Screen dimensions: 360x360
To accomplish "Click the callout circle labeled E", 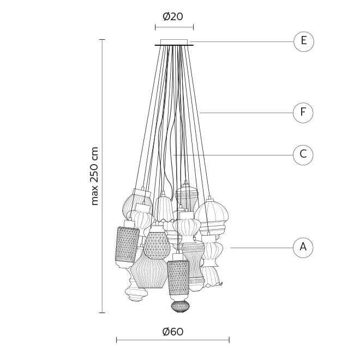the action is coord(303,41).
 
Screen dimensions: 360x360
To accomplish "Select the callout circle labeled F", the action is coord(303,113).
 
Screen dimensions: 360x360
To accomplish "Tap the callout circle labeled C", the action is coord(303,155).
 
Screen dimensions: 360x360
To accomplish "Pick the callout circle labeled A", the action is coord(303,248).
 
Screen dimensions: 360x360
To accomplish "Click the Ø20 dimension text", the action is coord(173,16).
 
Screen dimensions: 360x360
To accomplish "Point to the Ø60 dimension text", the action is coord(173,332).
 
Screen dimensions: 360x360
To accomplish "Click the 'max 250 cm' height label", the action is coord(94,176).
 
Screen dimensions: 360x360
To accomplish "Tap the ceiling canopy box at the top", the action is coord(174,42).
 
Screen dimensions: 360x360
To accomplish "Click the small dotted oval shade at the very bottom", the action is coord(180,307).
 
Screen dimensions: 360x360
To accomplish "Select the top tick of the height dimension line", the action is coord(102,39).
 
